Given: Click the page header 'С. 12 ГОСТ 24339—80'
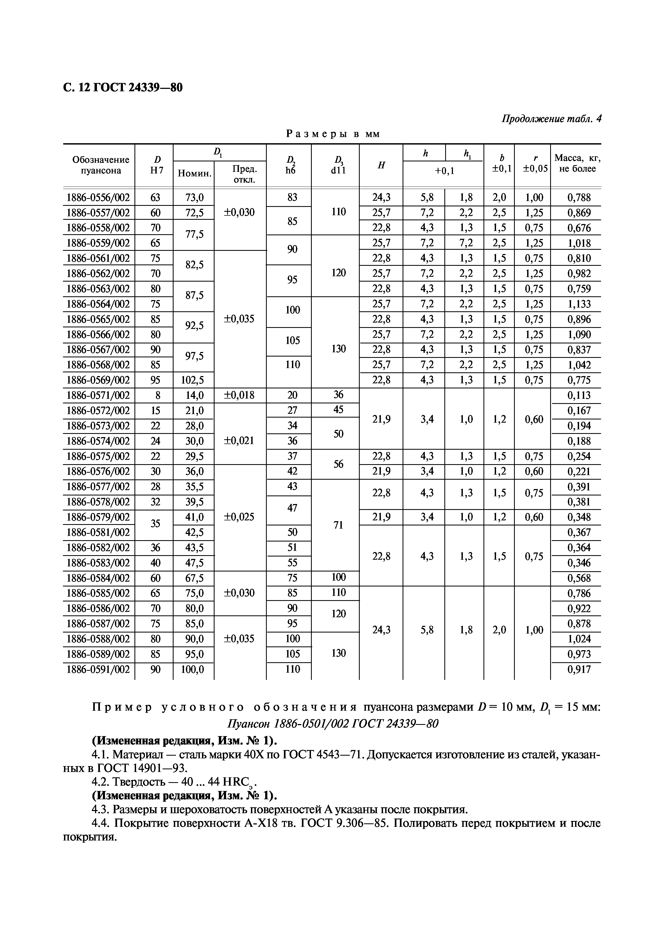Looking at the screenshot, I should (123, 88).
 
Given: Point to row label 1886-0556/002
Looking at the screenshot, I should (98, 198).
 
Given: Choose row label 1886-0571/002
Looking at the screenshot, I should (98, 395).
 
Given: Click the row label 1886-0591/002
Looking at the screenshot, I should (98, 669).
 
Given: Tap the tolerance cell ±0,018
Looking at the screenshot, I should (239, 395).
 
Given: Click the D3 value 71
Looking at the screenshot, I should (338, 525).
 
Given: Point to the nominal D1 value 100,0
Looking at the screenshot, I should (193, 669).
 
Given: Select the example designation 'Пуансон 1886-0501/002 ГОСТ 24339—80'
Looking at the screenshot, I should (332, 724).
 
